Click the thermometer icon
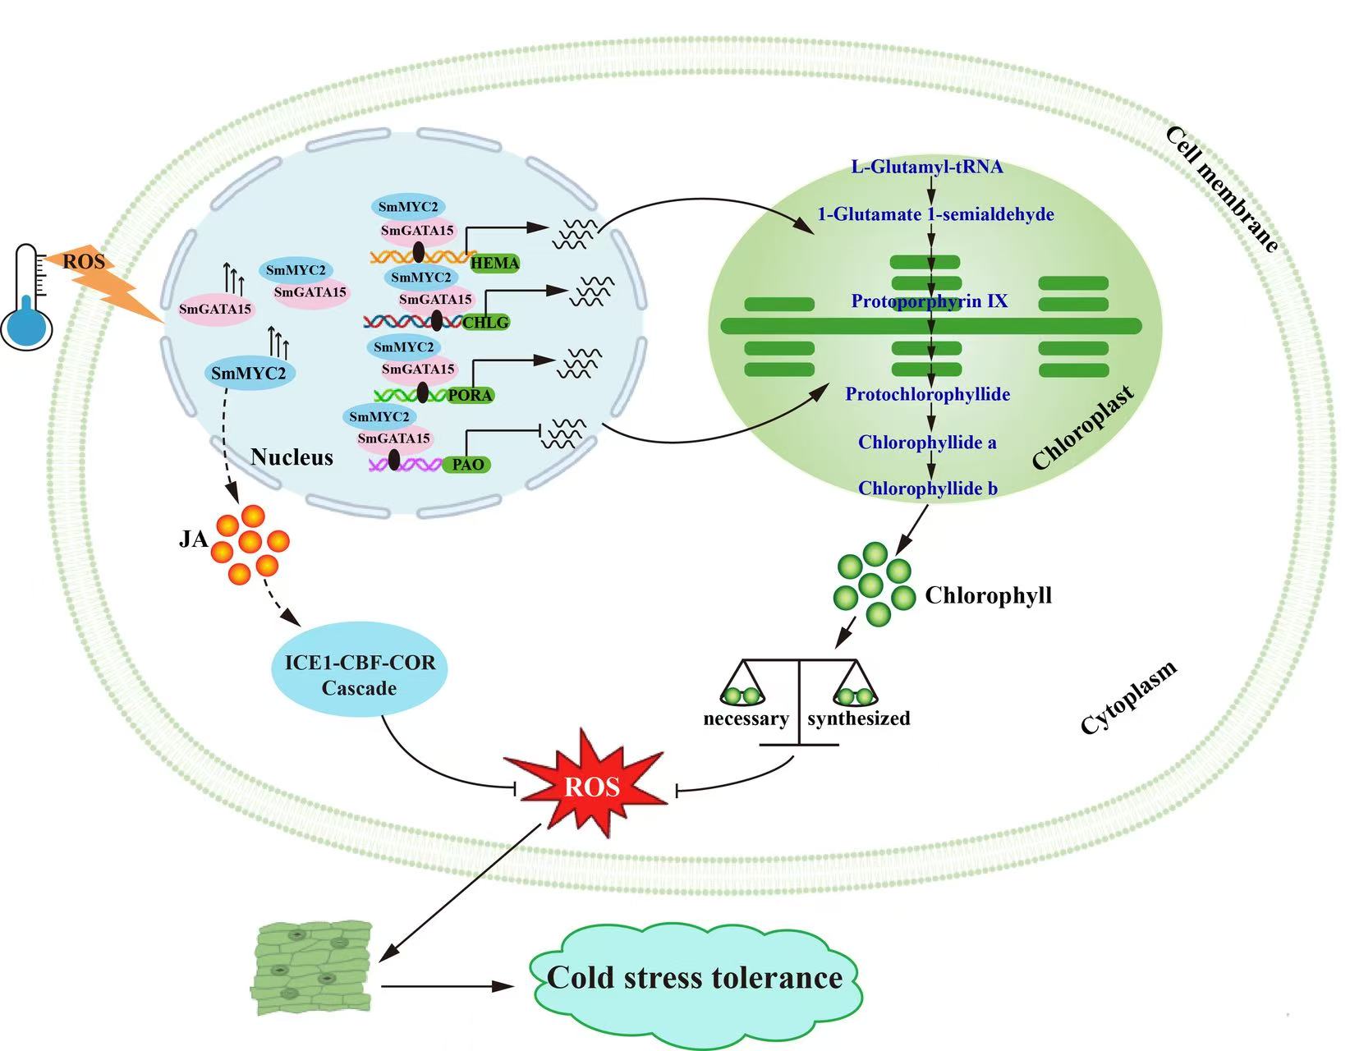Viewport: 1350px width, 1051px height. (x=26, y=300)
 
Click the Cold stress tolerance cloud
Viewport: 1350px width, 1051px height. (x=695, y=977)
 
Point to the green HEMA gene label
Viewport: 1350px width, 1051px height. (x=494, y=263)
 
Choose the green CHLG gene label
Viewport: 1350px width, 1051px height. (x=485, y=322)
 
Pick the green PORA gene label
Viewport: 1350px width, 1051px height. (x=471, y=395)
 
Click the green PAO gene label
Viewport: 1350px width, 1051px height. (x=468, y=464)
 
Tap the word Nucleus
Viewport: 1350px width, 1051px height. (x=292, y=457)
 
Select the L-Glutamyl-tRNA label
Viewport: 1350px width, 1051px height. (x=927, y=168)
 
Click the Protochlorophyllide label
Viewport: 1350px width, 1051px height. (x=928, y=394)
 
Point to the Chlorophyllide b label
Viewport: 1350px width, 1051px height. (x=928, y=489)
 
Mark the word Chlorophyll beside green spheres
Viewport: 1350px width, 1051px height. (x=988, y=595)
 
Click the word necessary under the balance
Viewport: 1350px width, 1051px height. (x=746, y=719)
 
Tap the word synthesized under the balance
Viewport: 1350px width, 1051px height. (x=859, y=719)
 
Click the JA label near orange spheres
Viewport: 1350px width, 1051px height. (x=193, y=539)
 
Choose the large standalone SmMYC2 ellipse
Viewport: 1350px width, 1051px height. (x=249, y=374)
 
